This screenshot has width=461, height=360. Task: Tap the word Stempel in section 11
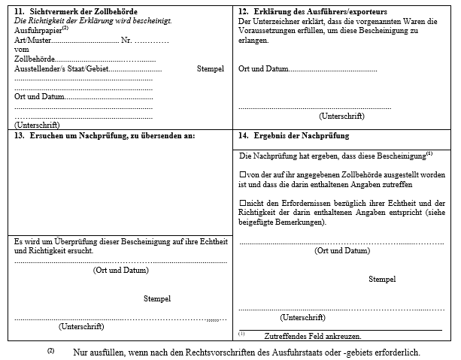point(211,68)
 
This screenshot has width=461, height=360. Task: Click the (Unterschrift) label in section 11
point(37,125)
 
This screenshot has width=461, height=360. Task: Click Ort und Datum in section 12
point(263,68)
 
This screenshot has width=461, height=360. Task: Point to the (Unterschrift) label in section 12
point(341,116)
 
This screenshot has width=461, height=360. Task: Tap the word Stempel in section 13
point(157,298)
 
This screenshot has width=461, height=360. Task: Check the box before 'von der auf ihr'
point(242,174)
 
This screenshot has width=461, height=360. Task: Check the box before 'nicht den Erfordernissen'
point(242,203)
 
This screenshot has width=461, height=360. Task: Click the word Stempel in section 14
point(382,279)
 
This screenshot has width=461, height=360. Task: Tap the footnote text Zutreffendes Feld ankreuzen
point(313,336)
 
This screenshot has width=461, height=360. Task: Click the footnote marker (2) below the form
point(51,351)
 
